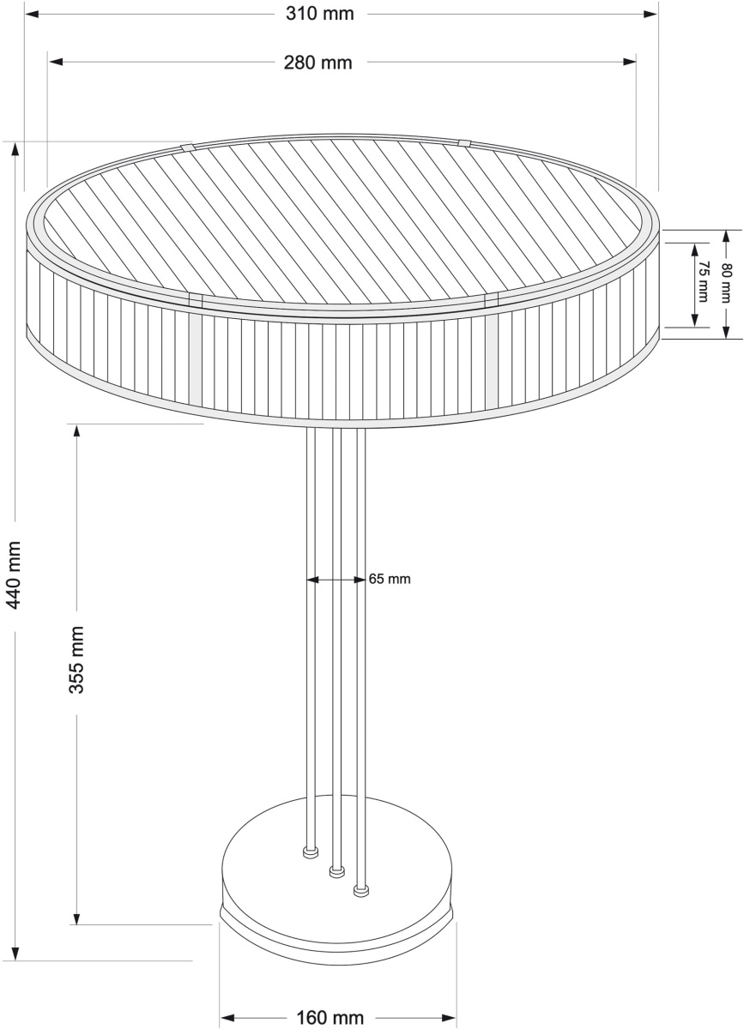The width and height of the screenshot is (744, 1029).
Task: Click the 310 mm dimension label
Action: [320, 14]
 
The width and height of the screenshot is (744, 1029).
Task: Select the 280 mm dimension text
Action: [318, 63]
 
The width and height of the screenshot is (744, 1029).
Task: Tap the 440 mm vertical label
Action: [15, 575]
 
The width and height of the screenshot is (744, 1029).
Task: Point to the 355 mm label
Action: [76, 659]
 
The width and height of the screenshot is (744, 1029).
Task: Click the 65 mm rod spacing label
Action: [390, 580]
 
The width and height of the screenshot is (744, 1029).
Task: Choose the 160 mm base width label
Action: [330, 1017]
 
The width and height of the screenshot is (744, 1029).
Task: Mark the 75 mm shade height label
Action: [704, 281]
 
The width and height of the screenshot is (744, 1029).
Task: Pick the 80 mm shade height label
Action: [726, 282]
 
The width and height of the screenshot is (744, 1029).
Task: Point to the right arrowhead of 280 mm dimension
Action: [629, 62]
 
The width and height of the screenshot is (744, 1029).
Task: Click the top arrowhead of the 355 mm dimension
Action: [76, 431]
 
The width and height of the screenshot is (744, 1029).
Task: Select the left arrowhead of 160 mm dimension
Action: [228, 1017]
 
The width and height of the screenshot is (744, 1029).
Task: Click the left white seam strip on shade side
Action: [195, 358]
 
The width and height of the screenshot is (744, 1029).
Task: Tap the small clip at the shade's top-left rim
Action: [188, 147]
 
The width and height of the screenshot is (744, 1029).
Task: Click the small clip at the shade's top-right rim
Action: [464, 143]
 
